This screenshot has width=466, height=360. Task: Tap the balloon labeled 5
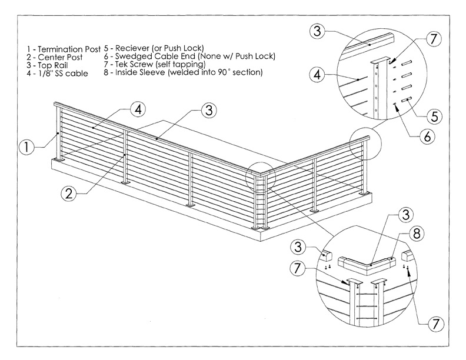pos(433,116)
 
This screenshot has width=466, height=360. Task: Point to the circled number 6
pos(428,136)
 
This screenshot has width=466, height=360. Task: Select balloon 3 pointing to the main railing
pos(208,110)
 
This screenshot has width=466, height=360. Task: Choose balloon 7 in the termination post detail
pos(432,40)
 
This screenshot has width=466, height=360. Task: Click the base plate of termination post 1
pos(59,160)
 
